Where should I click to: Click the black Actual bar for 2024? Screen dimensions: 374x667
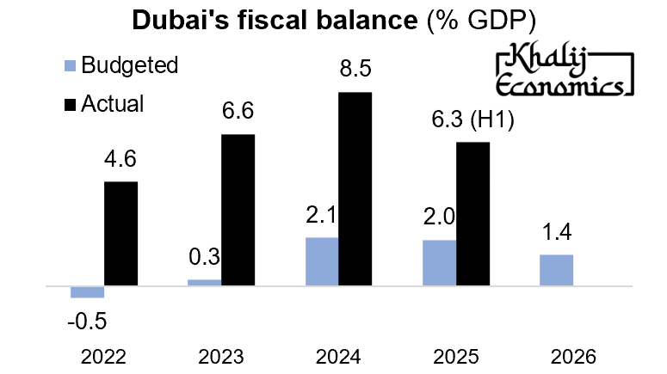click(355, 187)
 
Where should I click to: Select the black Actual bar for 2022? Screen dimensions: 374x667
click(120, 232)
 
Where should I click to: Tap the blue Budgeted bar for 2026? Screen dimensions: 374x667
click(556, 269)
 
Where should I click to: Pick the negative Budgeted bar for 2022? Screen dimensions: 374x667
click(87, 291)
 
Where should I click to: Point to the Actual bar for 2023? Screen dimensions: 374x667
click(238, 209)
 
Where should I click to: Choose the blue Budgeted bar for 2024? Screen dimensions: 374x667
click(322, 261)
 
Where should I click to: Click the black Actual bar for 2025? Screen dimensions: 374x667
click(472, 212)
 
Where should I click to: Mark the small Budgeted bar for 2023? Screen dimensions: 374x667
click(204, 281)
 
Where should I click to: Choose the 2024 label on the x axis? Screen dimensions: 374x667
click(337, 356)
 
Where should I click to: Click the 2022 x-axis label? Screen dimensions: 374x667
click(103, 356)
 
